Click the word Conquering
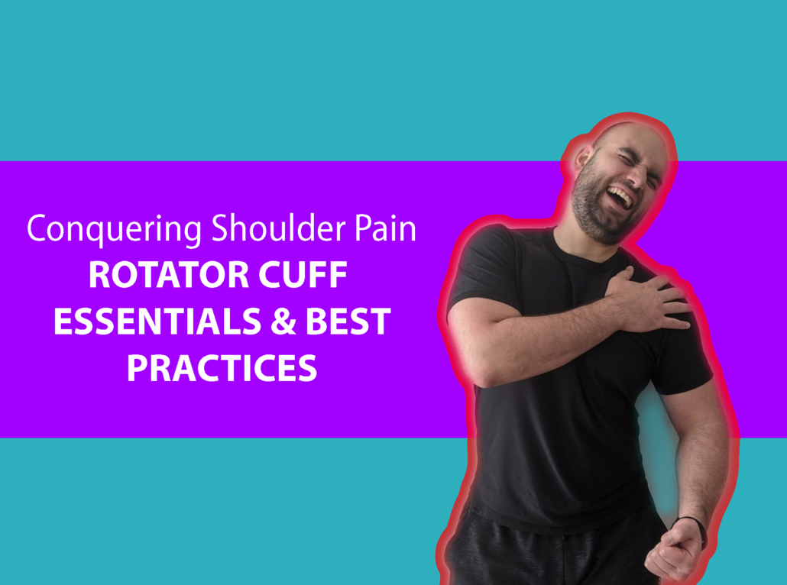pos(115,230)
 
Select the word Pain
pos(385,228)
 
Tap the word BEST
pos(348,321)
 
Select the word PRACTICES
pos(222,368)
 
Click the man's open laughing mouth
pos(621,197)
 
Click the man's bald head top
pos(633,131)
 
